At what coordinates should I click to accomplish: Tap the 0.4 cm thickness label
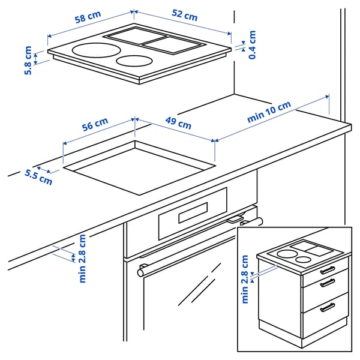click(253, 45)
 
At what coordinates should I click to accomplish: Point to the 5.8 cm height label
click(28, 61)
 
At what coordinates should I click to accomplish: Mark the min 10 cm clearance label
click(269, 112)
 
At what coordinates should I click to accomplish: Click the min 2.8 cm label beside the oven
click(82, 258)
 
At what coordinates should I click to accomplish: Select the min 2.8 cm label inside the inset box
click(244, 279)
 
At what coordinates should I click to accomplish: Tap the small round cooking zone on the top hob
click(134, 61)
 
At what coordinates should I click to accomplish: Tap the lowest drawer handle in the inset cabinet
click(328, 307)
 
